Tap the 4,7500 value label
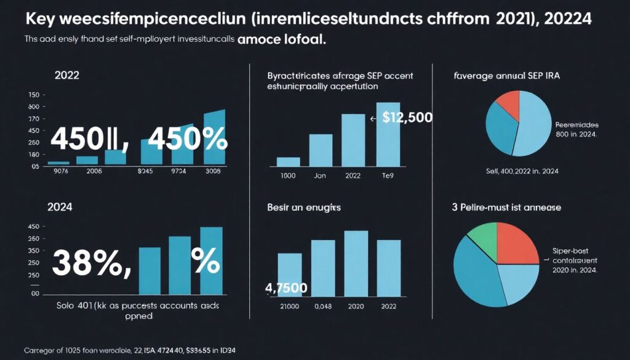286,287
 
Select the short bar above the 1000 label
289,162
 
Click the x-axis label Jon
319,175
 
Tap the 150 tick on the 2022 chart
33,95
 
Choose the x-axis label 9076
61,172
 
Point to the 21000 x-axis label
289,306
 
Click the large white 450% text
185,140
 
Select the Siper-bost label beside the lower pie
570,251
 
